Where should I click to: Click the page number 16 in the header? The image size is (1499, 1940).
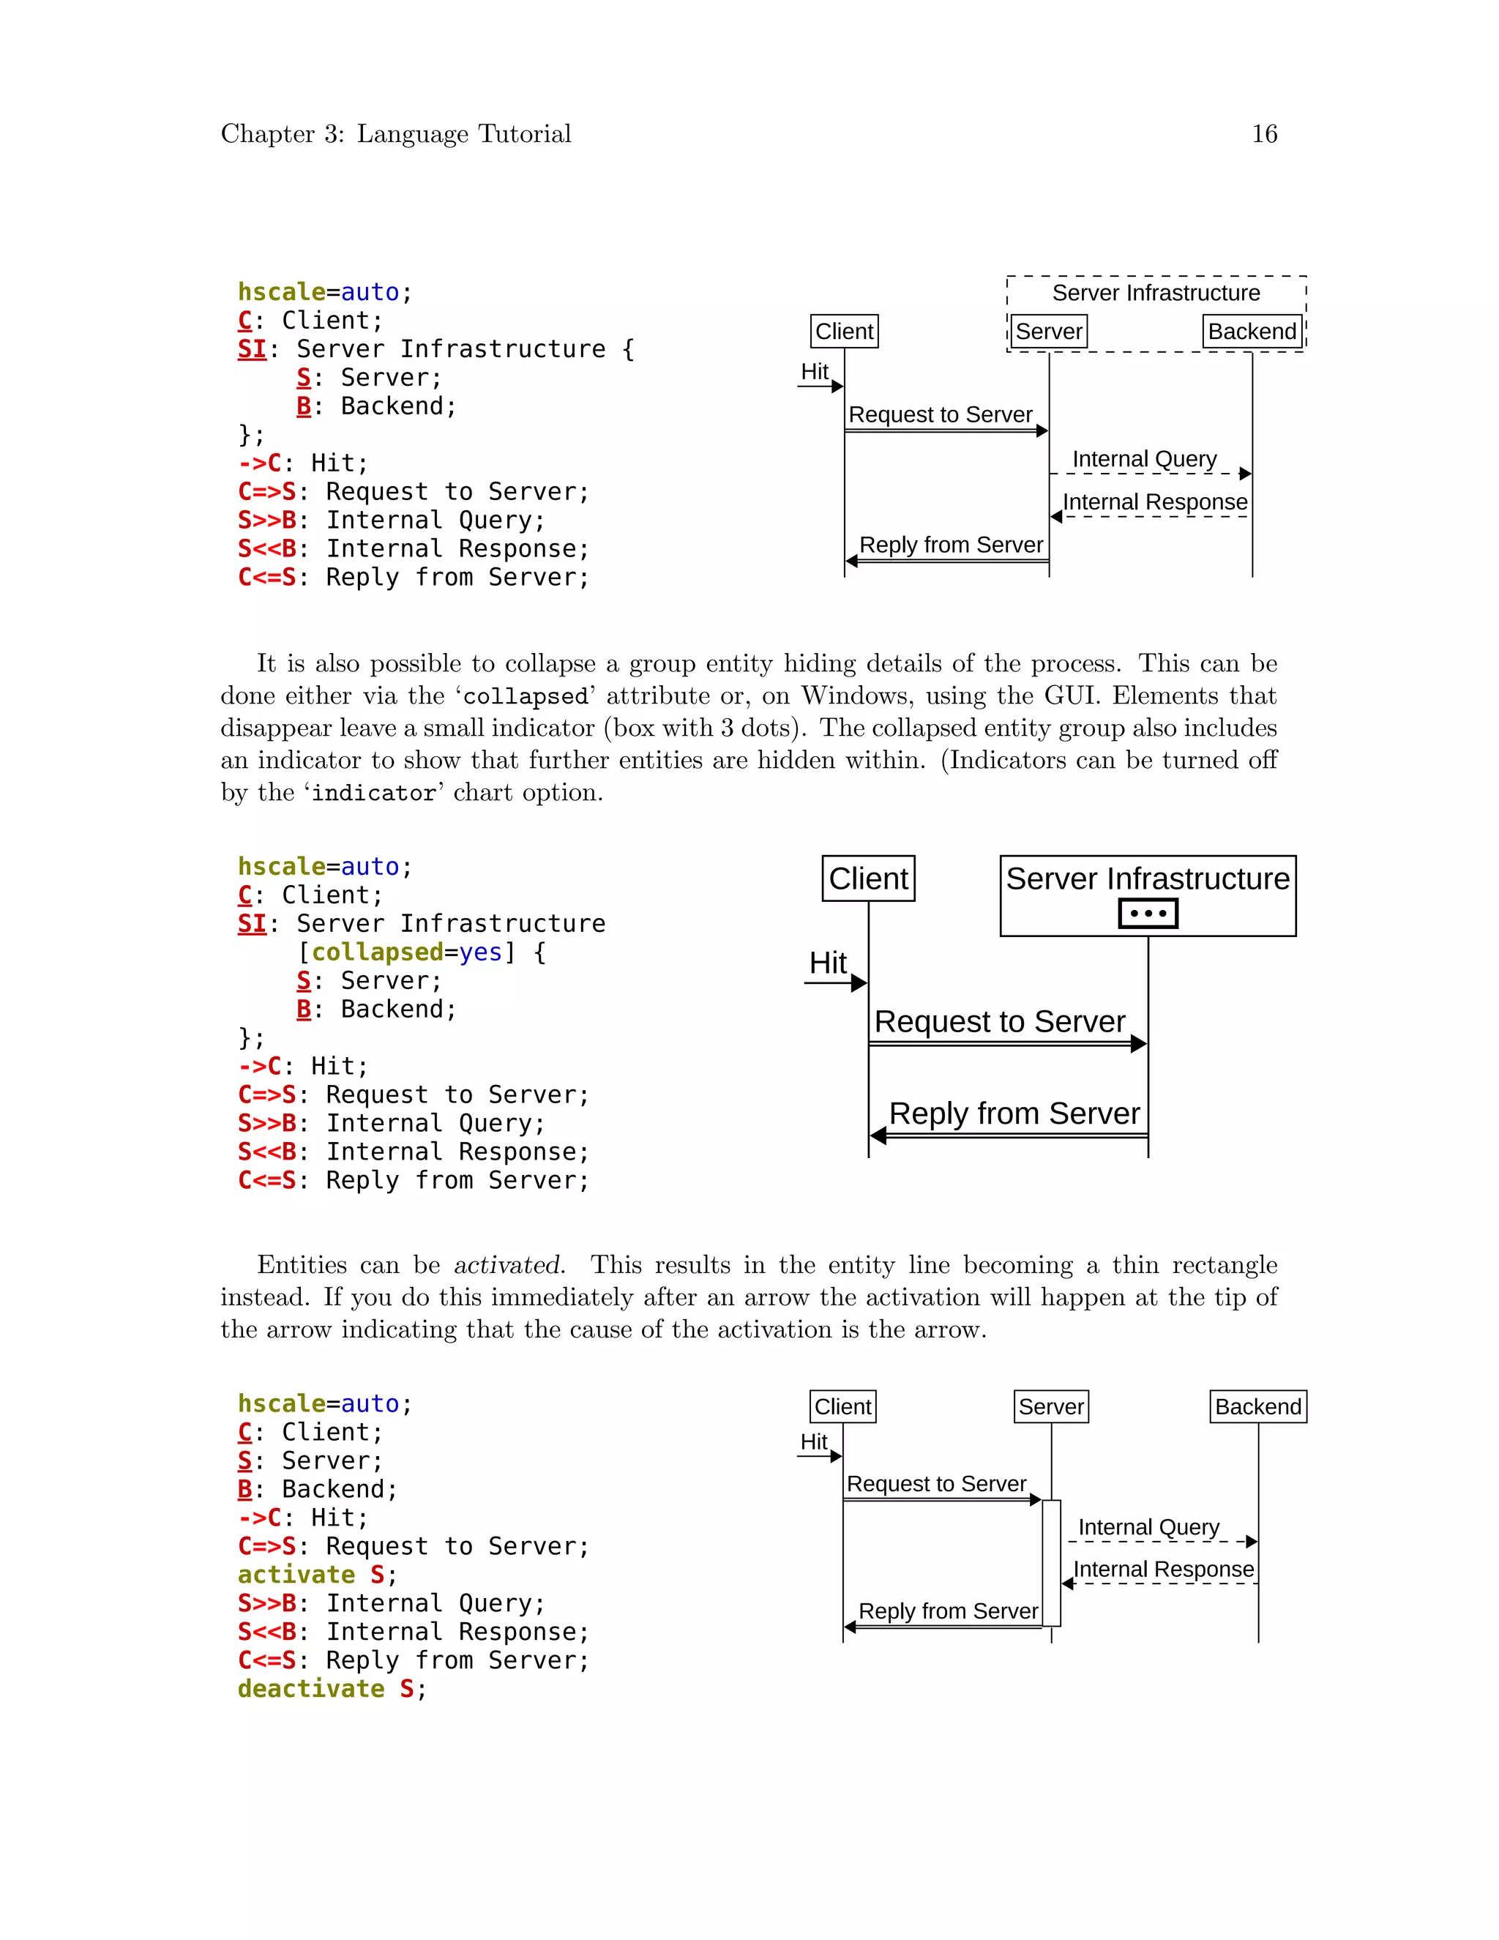point(1263,133)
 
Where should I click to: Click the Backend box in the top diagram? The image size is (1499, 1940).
point(1252,332)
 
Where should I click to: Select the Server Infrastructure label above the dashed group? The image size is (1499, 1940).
point(1155,293)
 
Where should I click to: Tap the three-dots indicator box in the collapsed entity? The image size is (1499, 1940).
point(1148,913)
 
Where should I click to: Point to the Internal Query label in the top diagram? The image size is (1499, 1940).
point(1144,459)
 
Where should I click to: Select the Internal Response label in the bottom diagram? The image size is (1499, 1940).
point(1163,1570)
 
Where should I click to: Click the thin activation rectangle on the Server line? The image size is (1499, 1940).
point(1052,1564)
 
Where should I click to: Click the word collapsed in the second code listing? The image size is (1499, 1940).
point(376,952)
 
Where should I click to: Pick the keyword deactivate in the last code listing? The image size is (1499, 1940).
point(311,1689)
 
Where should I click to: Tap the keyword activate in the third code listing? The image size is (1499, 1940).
point(296,1575)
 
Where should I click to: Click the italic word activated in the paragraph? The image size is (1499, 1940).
point(509,1265)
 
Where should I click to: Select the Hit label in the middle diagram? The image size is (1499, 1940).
point(828,963)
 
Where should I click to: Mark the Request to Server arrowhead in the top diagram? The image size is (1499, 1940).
point(1042,430)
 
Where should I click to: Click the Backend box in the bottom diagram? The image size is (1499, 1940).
point(1257,1407)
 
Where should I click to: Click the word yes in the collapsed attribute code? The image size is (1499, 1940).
point(480,952)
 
